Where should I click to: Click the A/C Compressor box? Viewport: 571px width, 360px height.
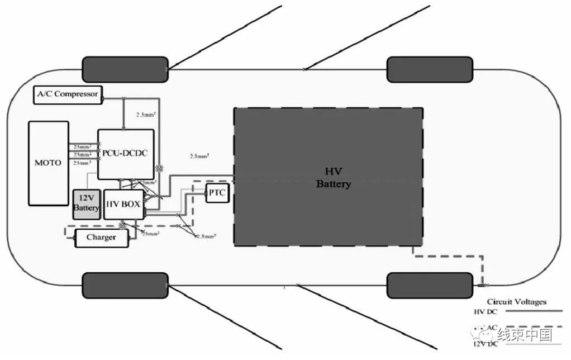pyautogui.click(x=68, y=94)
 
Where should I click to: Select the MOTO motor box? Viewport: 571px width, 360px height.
pyautogui.click(x=48, y=163)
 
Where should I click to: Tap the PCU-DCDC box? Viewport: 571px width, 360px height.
pyautogui.click(x=126, y=154)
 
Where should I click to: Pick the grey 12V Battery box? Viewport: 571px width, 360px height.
pyautogui.click(x=86, y=205)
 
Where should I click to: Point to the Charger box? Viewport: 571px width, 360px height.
pyautogui.click(x=101, y=238)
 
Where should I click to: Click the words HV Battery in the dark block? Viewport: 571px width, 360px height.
pyautogui.click(x=334, y=177)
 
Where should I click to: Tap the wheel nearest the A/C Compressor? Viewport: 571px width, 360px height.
pyautogui.click(x=125, y=69)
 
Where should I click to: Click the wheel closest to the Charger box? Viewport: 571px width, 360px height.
pyautogui.click(x=125, y=285)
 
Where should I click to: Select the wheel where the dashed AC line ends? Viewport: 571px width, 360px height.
pyautogui.click(x=430, y=285)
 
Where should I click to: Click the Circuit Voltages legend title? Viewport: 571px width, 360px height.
pyautogui.click(x=516, y=302)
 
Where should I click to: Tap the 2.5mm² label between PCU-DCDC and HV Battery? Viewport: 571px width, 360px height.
pyautogui.click(x=199, y=156)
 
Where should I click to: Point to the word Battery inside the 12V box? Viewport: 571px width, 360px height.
pyautogui.click(x=86, y=208)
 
